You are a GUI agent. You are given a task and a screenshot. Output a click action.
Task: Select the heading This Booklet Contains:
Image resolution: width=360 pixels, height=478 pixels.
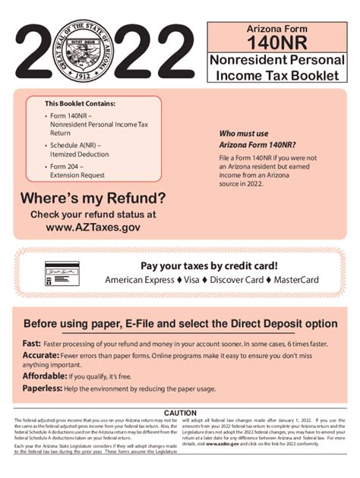click(80, 103)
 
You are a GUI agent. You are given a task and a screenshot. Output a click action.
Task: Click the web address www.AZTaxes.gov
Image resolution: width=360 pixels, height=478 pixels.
click(93, 226)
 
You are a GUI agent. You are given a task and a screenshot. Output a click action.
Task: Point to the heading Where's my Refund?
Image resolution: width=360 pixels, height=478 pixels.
click(93, 199)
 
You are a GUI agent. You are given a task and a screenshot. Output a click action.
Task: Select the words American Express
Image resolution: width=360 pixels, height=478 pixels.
click(139, 280)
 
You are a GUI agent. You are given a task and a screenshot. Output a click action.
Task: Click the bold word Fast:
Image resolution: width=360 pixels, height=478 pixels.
click(31, 343)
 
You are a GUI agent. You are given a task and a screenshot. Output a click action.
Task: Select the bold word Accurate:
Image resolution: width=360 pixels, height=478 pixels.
click(41, 355)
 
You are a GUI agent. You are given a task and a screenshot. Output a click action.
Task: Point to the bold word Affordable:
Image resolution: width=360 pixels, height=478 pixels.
click(45, 376)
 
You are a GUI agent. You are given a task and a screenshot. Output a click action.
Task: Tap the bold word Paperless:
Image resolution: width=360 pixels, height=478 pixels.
click(43, 388)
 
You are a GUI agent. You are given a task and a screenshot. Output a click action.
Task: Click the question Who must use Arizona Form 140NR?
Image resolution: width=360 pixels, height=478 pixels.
click(257, 138)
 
